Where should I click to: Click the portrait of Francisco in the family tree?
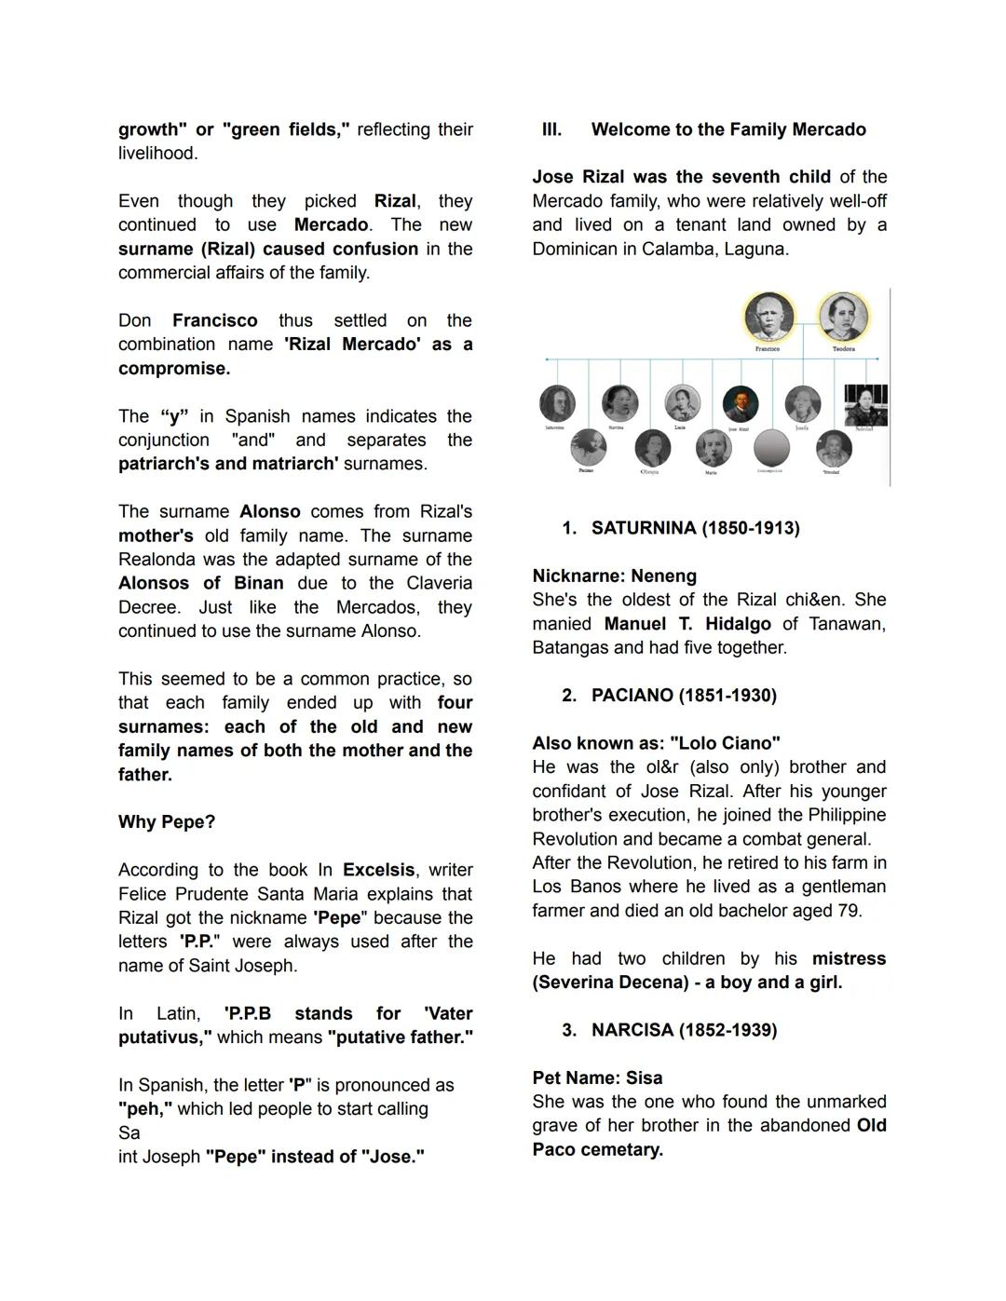[x=768, y=317]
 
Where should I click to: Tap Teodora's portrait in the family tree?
[x=843, y=317]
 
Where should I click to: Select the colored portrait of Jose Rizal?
[x=741, y=404]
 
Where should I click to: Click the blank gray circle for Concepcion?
[x=770, y=448]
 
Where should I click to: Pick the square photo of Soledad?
[x=865, y=405]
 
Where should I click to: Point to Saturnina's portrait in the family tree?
[x=557, y=404]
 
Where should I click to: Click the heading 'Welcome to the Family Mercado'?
[x=728, y=129]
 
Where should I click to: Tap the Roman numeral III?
[x=551, y=129]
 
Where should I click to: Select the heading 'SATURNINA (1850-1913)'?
[x=695, y=528]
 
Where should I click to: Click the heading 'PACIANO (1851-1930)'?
[x=684, y=696]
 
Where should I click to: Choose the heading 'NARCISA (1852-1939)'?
[x=684, y=1030]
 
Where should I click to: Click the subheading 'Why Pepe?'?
[x=167, y=822]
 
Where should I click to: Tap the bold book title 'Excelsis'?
[x=378, y=870]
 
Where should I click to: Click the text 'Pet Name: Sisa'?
[x=597, y=1077]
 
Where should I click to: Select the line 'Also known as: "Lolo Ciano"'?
[x=656, y=743]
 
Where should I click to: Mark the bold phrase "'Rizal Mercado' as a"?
[x=378, y=345]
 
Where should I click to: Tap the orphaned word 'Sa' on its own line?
[x=129, y=1133]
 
